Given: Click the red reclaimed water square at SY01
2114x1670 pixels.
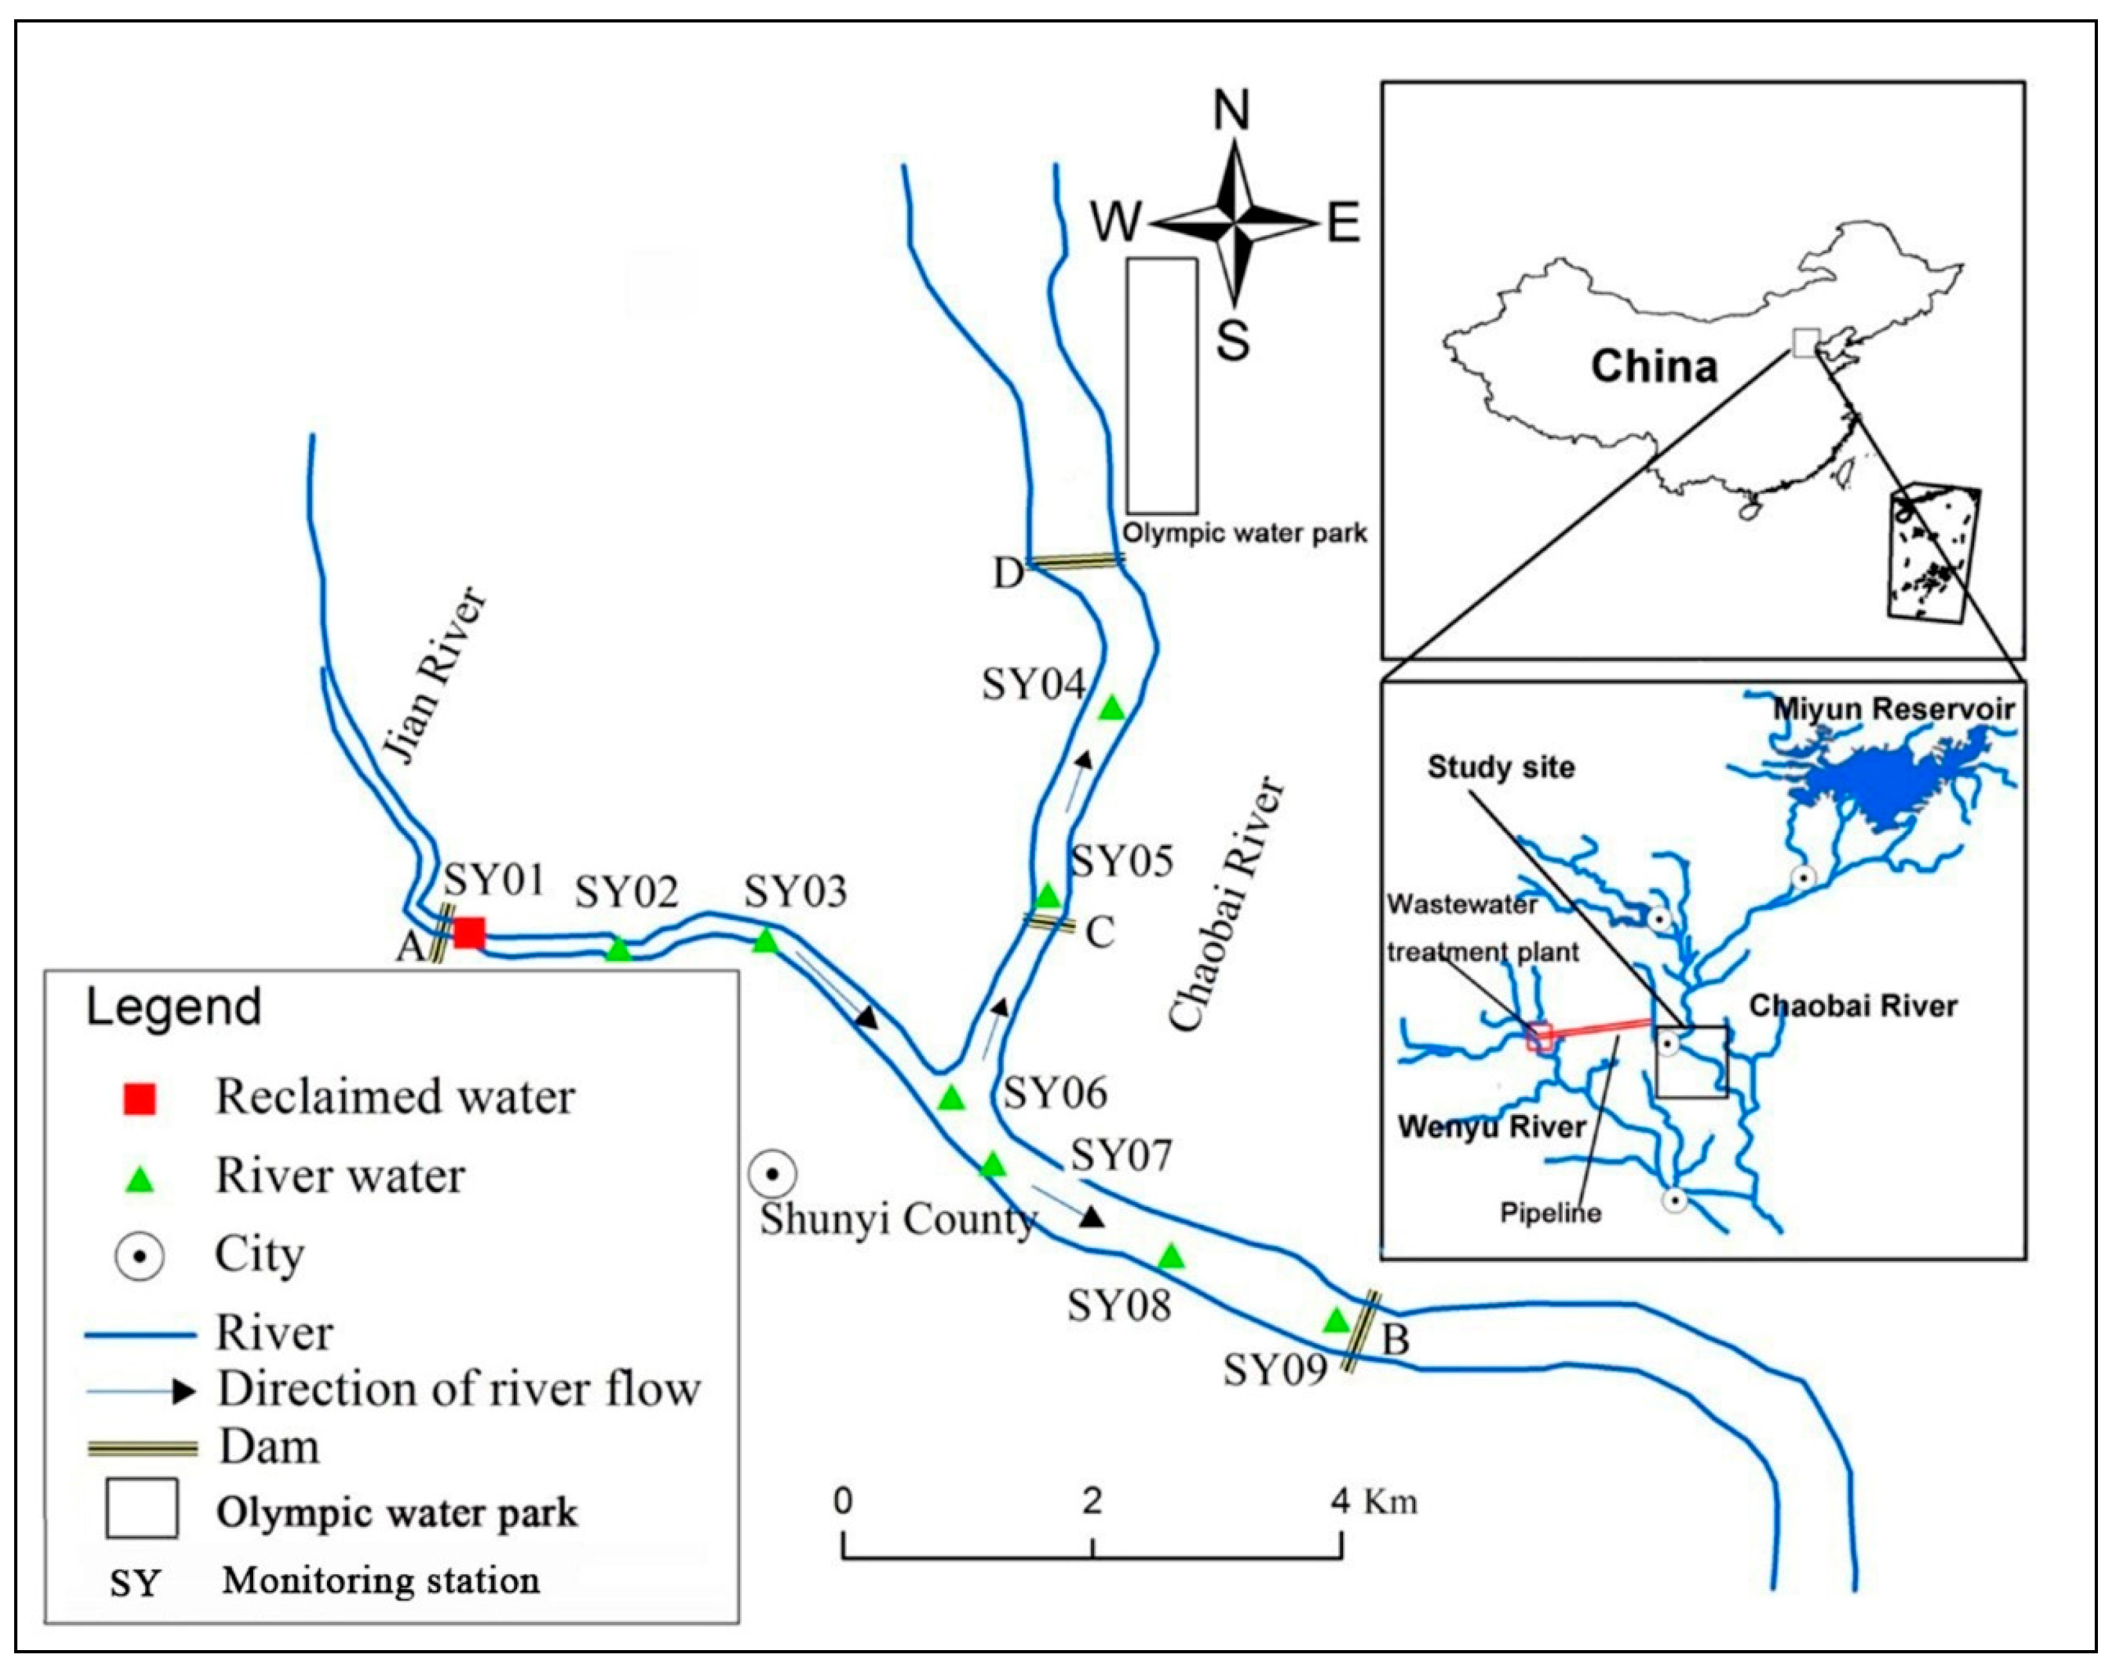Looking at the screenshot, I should point(468,933).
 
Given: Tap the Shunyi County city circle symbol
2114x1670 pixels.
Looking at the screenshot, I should point(771,1173).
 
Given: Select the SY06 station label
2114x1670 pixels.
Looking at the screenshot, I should point(1055,1092).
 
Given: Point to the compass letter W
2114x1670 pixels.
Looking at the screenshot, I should point(1116,222).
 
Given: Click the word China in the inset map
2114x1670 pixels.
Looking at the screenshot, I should point(1653,365).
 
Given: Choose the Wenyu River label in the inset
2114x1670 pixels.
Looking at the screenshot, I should point(1492,1127).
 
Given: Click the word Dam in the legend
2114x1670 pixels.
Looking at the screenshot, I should point(269,1446).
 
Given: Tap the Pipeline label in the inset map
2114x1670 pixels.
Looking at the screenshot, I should point(1551,1213).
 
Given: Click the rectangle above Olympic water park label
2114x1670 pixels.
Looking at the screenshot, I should point(1161,385).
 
